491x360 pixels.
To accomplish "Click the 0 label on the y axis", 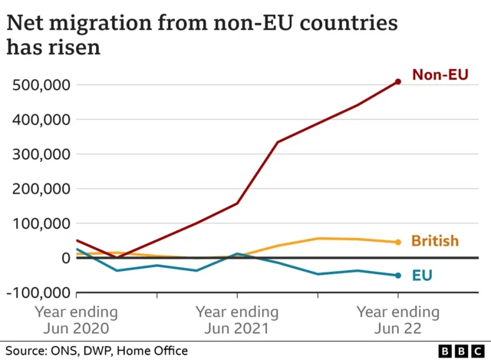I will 66,258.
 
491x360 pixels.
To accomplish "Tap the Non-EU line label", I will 440,74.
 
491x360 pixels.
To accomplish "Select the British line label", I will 434,241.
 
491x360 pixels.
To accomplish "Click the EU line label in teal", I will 422,275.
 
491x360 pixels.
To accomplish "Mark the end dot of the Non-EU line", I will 397,81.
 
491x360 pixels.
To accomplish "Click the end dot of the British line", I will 397,242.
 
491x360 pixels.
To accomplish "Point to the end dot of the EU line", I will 397,276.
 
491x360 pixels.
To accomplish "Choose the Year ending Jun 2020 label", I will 76,321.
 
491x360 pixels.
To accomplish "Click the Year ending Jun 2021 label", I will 237,321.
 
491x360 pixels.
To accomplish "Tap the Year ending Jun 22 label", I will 398,321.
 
